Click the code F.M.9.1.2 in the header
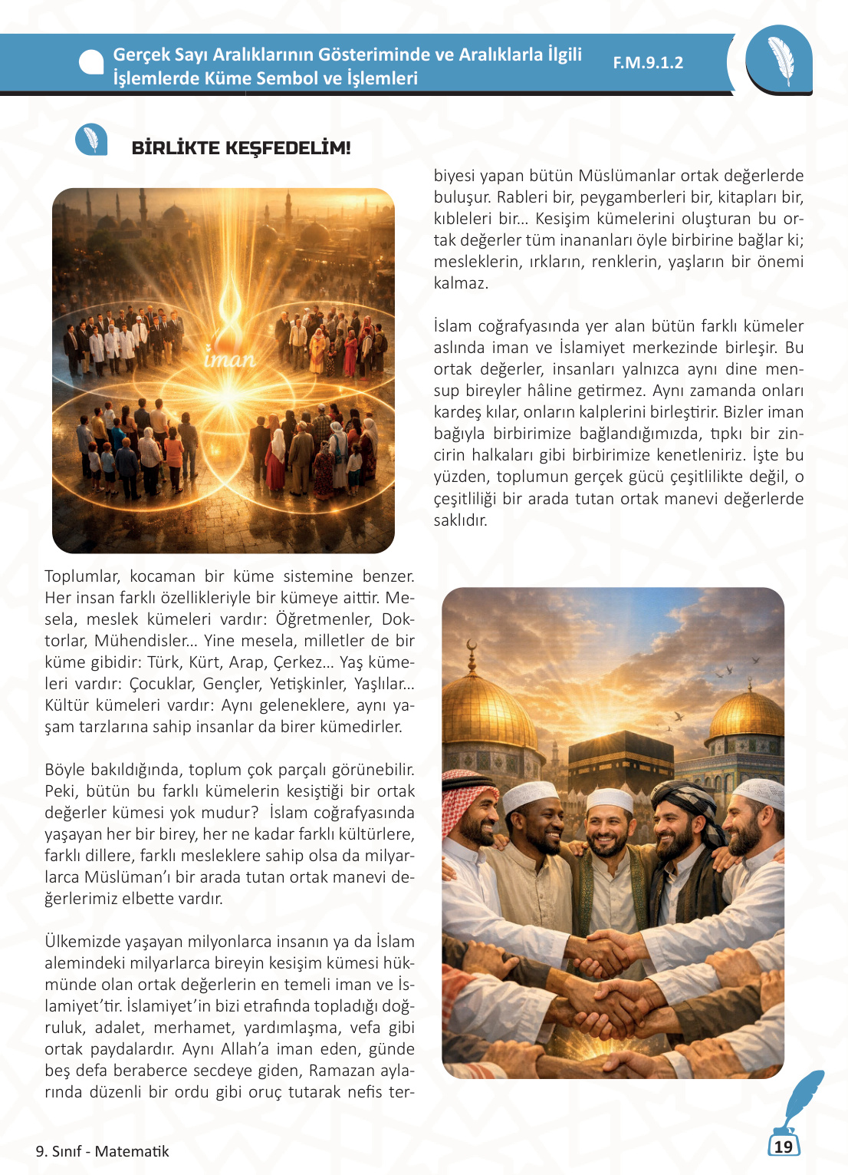pos(648,63)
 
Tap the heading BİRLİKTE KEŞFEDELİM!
pos(241,148)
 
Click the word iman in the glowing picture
pos(229,358)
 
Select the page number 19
pos(783,1147)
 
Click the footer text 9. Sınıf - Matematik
pos(102,1151)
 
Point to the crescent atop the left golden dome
pos(472,646)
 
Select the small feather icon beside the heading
pos(91,140)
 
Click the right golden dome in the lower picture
pos(746,714)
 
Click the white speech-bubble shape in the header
pos(91,63)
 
